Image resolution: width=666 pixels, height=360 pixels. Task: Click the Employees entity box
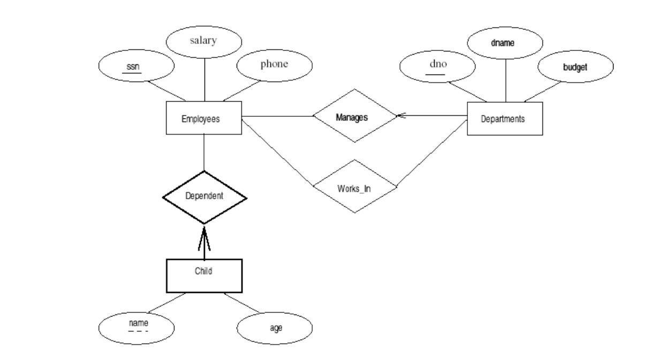click(x=205, y=118)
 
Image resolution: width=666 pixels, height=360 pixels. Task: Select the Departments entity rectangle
click(x=504, y=118)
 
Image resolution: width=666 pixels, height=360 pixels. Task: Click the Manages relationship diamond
click(x=354, y=116)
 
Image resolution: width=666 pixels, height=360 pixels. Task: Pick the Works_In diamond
click(x=354, y=187)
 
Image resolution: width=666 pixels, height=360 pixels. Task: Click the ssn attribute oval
click(x=137, y=68)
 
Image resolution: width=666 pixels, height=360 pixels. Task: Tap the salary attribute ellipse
click(x=204, y=42)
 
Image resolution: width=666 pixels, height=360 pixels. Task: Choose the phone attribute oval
click(x=274, y=65)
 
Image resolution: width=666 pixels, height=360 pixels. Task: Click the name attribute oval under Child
click(x=137, y=325)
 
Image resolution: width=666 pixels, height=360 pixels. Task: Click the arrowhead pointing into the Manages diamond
click(x=400, y=116)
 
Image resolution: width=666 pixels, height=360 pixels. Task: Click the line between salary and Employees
click(x=205, y=78)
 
